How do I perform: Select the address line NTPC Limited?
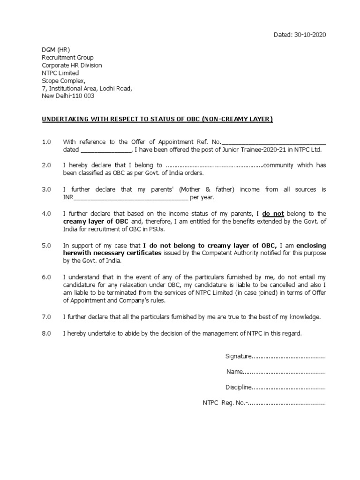click(x=60, y=73)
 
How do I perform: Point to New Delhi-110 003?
click(x=68, y=96)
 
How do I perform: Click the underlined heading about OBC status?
click(x=157, y=119)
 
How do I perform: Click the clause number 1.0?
click(x=46, y=142)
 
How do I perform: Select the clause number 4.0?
click(x=46, y=213)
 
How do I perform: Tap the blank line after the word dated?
click(x=106, y=150)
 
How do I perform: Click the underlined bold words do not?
click(x=273, y=213)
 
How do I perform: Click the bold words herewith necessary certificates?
click(x=112, y=253)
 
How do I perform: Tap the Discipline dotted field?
click(x=289, y=387)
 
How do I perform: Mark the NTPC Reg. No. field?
click(x=287, y=403)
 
